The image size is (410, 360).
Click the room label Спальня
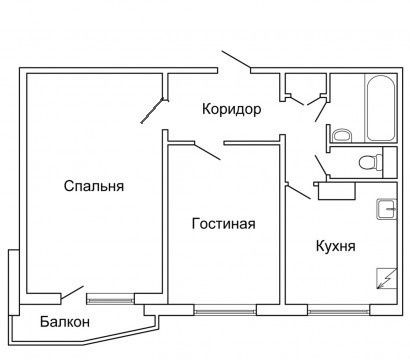point(94,186)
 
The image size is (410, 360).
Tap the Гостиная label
point(224,223)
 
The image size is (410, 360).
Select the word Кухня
point(335,246)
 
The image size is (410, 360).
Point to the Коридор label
point(232,110)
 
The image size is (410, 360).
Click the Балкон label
point(65,322)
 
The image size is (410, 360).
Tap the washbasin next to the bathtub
point(342,136)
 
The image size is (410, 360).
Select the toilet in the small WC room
point(371,162)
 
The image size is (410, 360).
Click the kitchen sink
point(387,209)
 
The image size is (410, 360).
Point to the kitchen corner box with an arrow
point(387,278)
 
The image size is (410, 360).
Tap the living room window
point(225,312)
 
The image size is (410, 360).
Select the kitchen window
point(339,312)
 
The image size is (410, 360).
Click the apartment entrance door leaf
point(236,60)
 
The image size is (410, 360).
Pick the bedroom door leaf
point(152,111)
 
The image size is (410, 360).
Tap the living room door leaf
point(207,151)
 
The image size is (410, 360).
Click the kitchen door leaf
point(299,192)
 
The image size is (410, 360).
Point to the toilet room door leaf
point(321,165)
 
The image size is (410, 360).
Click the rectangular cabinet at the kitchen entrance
point(336,191)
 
